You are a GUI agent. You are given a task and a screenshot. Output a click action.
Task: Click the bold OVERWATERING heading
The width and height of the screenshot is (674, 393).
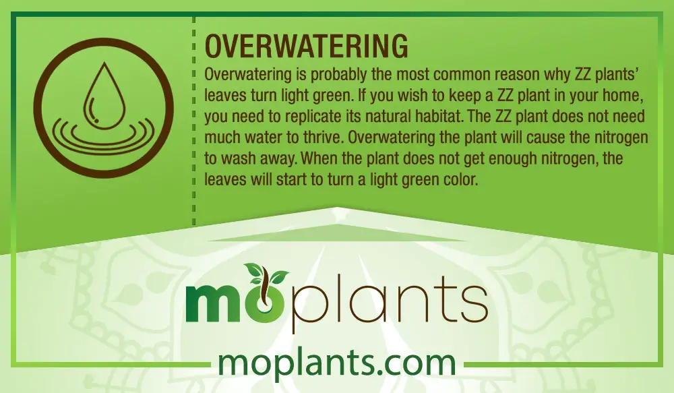tap(306, 46)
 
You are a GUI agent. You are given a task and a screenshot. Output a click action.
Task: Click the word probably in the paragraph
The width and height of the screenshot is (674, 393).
tap(336, 74)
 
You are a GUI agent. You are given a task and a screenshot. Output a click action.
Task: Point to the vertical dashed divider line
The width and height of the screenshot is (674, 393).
tap(194, 121)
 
